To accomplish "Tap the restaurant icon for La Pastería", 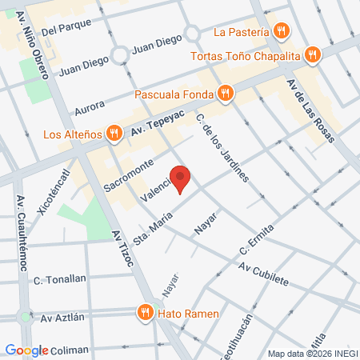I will tap(280, 32).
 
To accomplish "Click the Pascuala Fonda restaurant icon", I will tap(226, 94).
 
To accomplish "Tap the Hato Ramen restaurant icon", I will tap(145, 313).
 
